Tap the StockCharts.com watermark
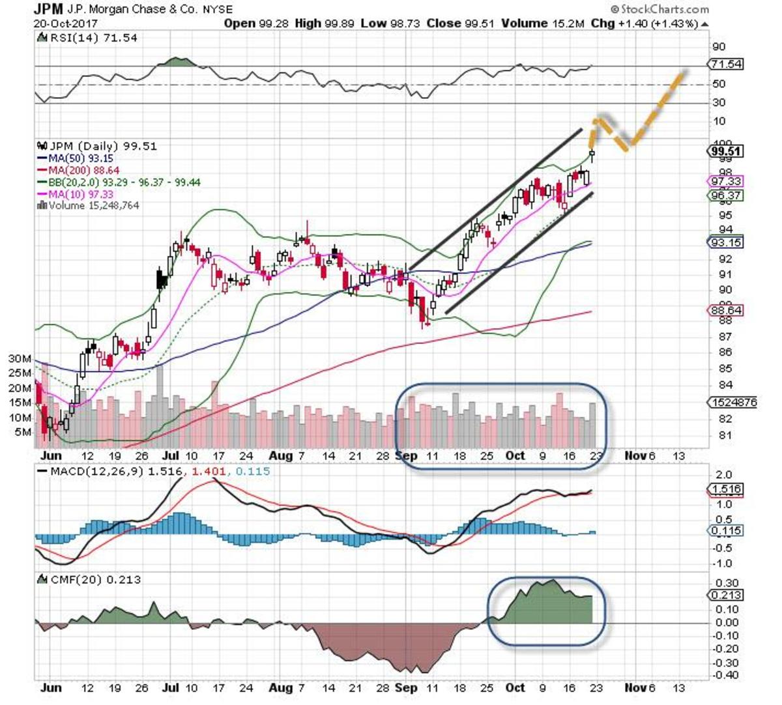(x=659, y=9)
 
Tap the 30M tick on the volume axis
(x=20, y=359)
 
